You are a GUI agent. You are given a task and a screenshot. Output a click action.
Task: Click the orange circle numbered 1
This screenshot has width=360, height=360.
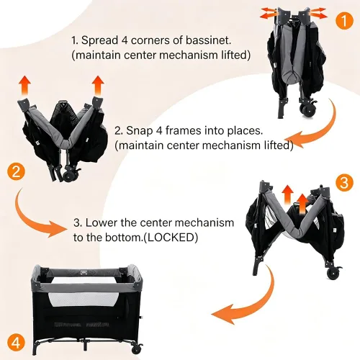(x=344, y=20)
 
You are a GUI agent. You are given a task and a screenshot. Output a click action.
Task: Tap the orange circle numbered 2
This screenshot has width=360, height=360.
(x=16, y=172)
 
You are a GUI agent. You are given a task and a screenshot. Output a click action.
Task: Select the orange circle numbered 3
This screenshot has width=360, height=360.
(x=344, y=182)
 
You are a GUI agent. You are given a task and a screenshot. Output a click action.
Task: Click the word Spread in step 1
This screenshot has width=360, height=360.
(x=99, y=40)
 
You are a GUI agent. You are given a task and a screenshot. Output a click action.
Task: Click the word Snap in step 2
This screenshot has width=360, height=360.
(x=139, y=131)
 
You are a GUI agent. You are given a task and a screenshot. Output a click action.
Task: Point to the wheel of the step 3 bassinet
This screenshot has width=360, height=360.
(x=333, y=274)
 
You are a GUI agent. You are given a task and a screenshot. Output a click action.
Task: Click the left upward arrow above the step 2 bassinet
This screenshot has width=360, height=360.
(x=25, y=86)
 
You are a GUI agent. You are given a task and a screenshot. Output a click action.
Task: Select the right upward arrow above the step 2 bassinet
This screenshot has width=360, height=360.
(x=98, y=85)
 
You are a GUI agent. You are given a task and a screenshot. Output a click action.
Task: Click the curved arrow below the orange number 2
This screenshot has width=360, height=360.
(x=31, y=220)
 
